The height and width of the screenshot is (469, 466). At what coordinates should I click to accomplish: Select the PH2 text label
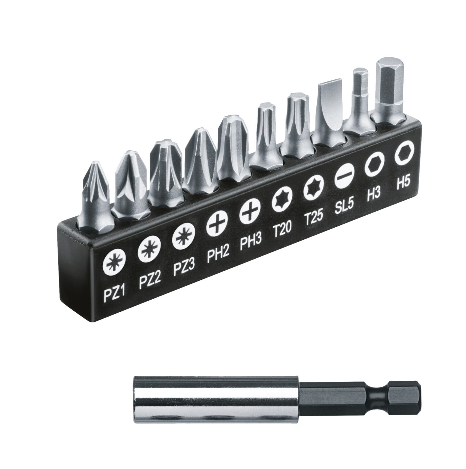point(218,256)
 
